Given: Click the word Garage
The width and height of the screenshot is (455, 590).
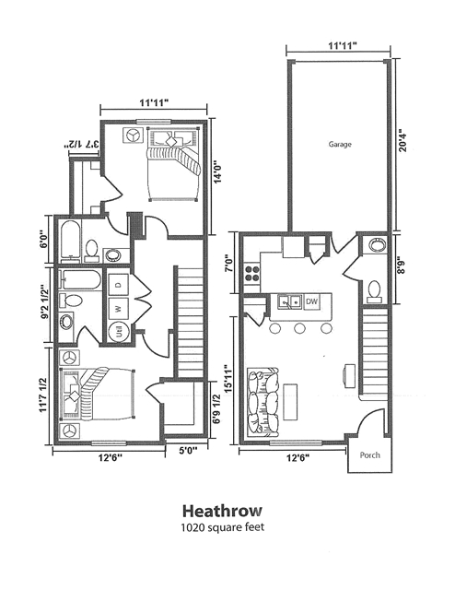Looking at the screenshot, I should (342, 145).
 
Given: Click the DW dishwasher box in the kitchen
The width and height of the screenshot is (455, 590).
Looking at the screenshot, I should (311, 301).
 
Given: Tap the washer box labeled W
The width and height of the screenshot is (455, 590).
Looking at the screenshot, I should (118, 308).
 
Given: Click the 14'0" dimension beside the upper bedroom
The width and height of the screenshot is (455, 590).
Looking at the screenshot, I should (218, 173).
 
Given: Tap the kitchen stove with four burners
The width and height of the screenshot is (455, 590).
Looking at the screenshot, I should (251, 272).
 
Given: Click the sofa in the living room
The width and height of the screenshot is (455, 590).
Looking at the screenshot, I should (262, 402).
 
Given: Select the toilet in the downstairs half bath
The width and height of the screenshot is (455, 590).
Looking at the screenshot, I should (374, 290).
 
